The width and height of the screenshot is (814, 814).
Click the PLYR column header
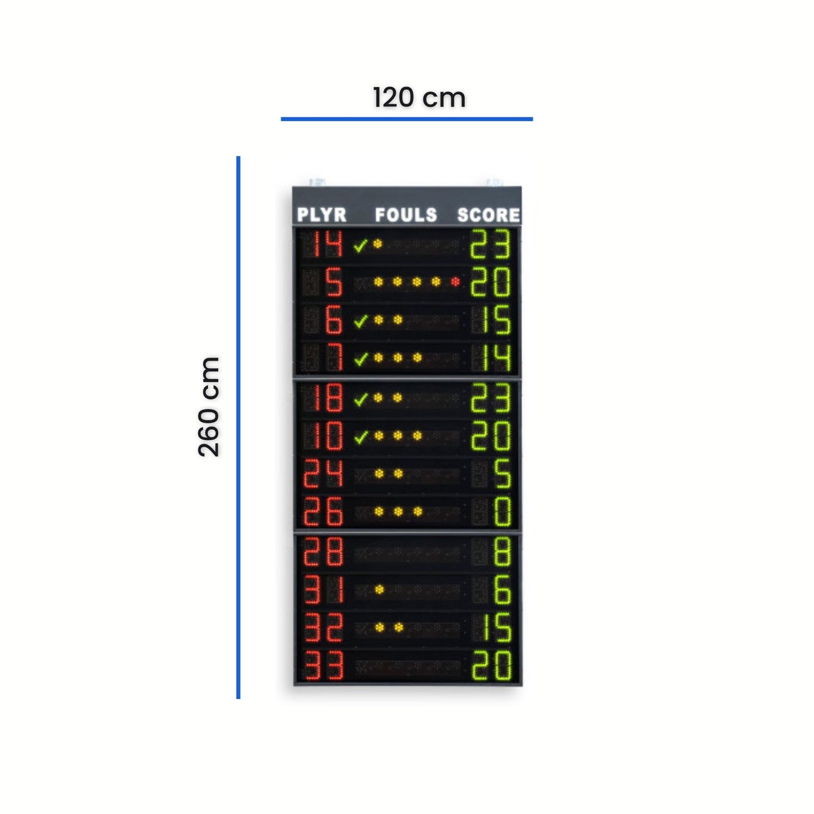[322, 215]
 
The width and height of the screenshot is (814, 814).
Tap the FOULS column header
[406, 215]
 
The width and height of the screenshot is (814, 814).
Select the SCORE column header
[489, 215]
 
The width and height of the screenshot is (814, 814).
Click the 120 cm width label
[419, 98]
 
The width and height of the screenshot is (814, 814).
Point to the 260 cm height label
[209, 406]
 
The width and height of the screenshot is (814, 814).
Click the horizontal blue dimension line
[407, 119]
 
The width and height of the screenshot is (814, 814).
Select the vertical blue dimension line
[238, 428]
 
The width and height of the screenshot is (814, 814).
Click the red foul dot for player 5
[455, 282]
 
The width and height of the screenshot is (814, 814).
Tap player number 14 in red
[328, 244]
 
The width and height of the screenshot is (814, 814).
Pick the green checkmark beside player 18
[361, 399]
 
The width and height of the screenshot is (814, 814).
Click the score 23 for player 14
[491, 244]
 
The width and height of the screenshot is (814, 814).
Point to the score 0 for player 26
[502, 511]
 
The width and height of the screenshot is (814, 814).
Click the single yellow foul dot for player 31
[379, 589]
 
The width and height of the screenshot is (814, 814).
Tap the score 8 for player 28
[502, 551]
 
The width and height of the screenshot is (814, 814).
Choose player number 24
[323, 473]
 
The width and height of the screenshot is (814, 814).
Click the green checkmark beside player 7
[361, 359]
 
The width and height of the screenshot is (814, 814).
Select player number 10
[328, 435]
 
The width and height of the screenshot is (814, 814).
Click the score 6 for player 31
[502, 589]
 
